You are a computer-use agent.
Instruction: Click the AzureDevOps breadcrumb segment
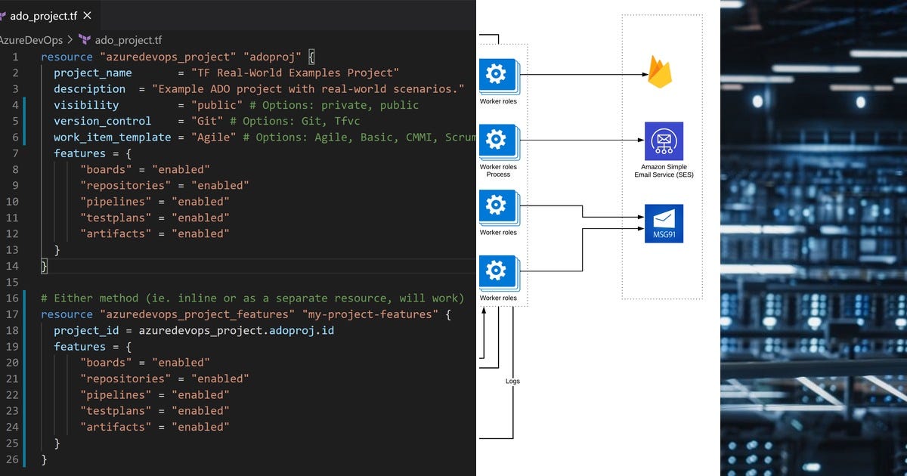[x=31, y=40]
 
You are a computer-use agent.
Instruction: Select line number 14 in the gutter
[x=12, y=266]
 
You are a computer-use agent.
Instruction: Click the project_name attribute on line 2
[x=92, y=73]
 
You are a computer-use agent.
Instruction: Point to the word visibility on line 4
[x=85, y=105]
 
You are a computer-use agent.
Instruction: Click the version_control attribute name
[x=102, y=121]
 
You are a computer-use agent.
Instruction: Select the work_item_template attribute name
[x=112, y=137]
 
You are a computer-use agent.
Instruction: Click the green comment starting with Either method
[x=252, y=298]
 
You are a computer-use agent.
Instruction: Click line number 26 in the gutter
[x=12, y=459]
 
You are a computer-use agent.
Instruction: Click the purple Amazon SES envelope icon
[x=664, y=141]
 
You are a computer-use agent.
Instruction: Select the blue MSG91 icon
[x=664, y=223]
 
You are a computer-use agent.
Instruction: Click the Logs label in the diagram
[x=512, y=381]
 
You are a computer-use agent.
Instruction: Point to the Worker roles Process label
[x=498, y=170]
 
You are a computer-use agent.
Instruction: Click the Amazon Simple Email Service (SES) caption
[x=664, y=170]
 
